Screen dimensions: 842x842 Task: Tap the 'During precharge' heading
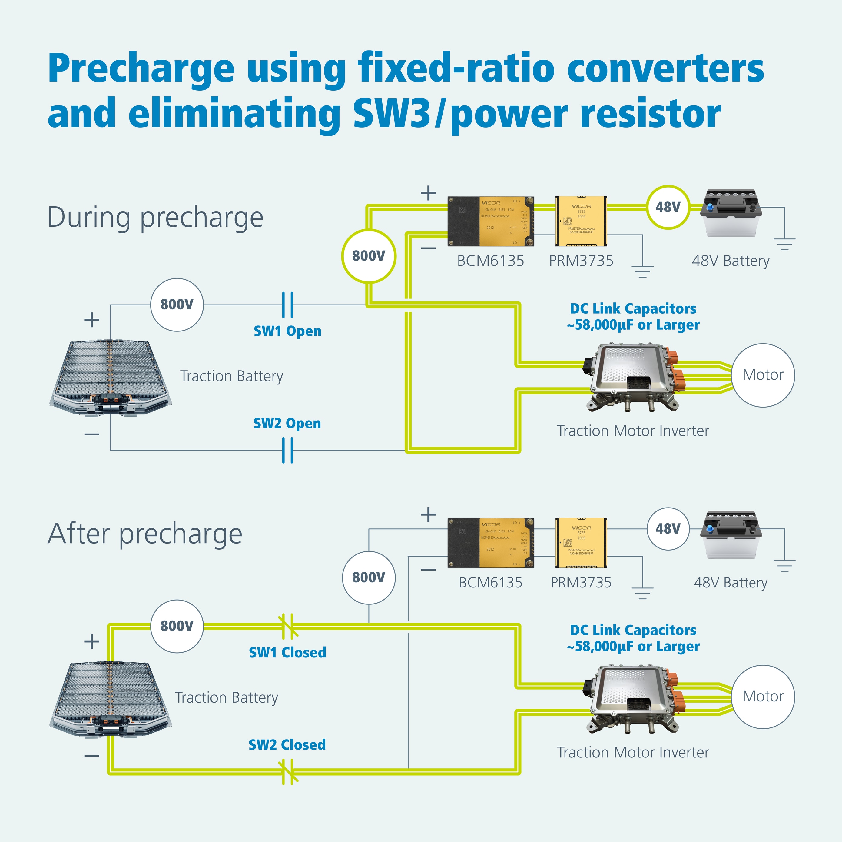(x=155, y=217)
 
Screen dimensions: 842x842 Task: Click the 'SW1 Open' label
(x=287, y=331)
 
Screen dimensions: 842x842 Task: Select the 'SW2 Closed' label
(x=287, y=744)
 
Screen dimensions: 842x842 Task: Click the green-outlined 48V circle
(x=668, y=207)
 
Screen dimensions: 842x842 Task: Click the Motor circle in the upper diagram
(x=763, y=375)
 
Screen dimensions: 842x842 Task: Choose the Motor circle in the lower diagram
(x=763, y=696)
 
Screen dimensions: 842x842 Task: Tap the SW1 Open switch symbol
(x=288, y=305)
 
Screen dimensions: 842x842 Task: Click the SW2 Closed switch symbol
(x=288, y=771)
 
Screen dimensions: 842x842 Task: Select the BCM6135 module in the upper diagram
(x=491, y=221)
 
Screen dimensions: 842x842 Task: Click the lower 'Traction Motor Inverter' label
(x=633, y=752)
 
